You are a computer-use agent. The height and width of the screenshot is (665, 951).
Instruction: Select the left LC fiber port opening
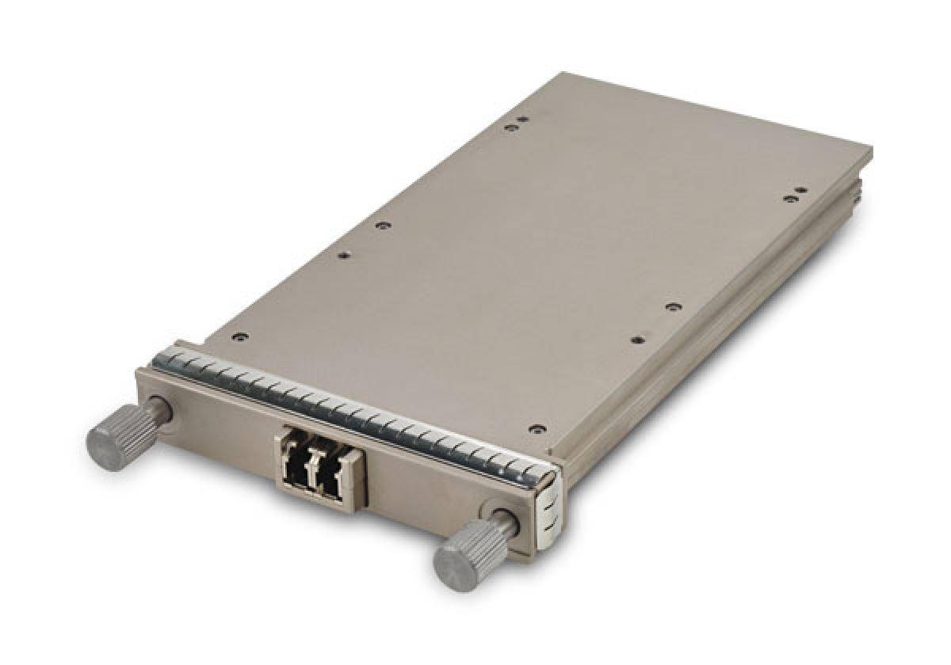pos(297,468)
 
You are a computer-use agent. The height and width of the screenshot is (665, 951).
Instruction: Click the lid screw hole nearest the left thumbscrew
pos(239,337)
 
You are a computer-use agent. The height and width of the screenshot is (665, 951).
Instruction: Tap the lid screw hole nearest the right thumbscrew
pos(537,429)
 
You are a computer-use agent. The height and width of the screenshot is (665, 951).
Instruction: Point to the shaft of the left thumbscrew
pos(158,410)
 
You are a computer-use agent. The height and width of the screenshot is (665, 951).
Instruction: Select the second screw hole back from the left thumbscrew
pos(343,256)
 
